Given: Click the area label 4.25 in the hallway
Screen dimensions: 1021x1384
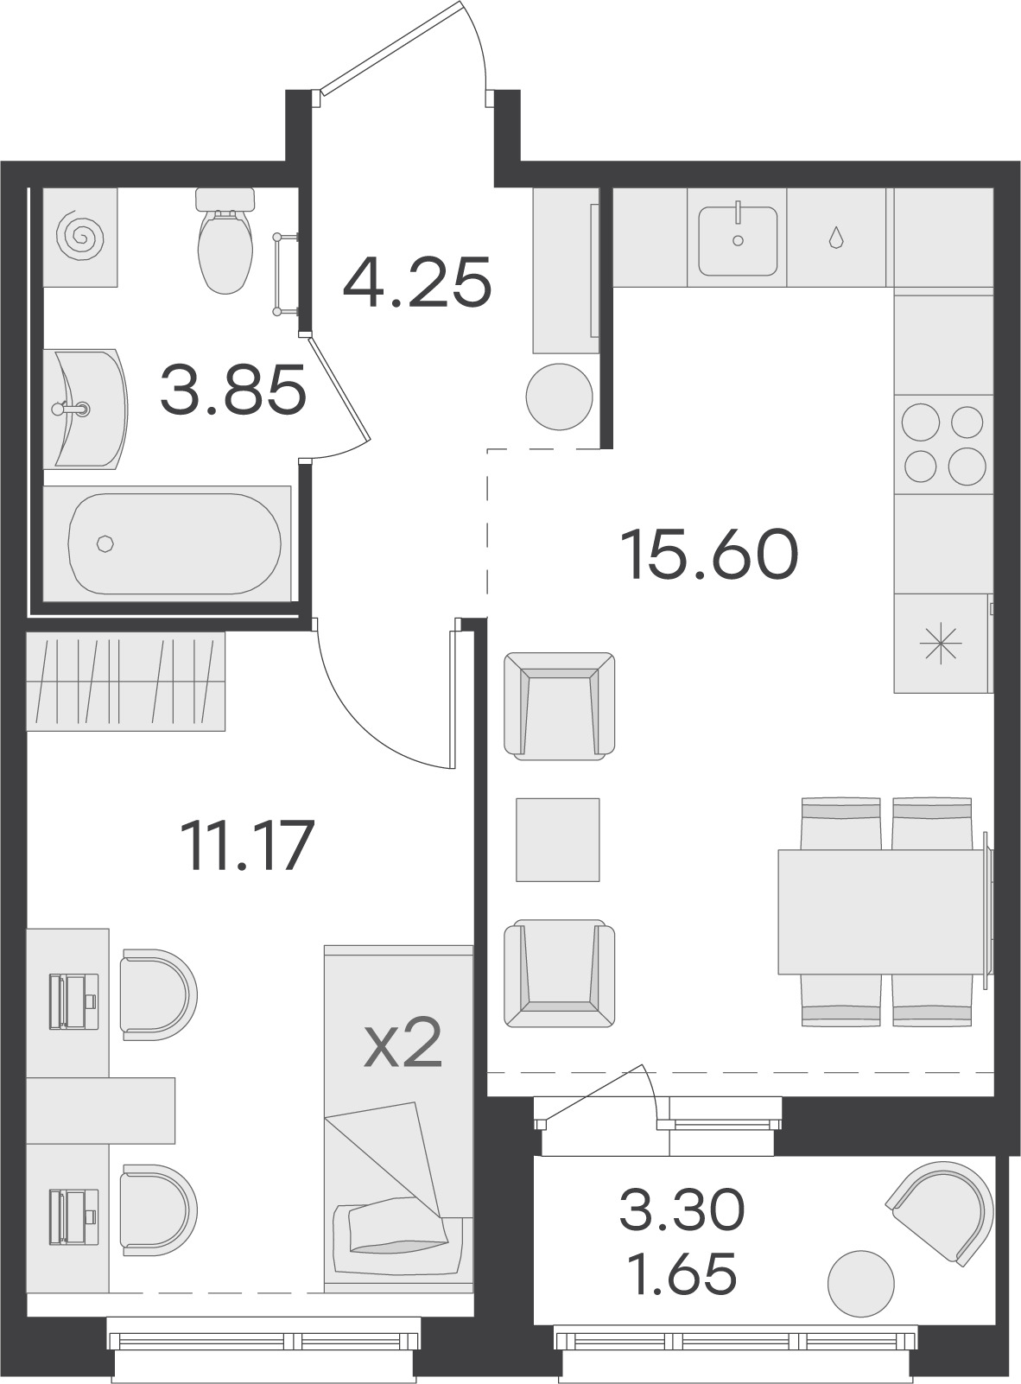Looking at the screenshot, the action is click(x=417, y=282).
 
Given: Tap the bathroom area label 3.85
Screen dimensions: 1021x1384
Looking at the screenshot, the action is click(x=233, y=390).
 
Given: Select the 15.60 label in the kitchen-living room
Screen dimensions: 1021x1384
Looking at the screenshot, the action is click(x=709, y=554).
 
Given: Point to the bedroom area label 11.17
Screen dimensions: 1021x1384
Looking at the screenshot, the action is click(x=247, y=845).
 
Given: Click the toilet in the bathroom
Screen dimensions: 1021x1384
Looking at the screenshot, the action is click(x=225, y=241).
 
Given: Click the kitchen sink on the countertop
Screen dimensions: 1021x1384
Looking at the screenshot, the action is click(x=738, y=241).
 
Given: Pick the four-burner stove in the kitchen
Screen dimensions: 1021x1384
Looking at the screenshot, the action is click(x=943, y=444).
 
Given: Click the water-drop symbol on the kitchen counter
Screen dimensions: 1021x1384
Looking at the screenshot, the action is click(x=835, y=238).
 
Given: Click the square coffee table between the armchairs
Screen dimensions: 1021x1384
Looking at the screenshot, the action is click(x=558, y=840).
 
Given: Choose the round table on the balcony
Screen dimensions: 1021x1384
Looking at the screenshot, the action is click(x=860, y=1284).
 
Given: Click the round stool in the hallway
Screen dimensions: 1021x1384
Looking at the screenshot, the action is click(x=559, y=397).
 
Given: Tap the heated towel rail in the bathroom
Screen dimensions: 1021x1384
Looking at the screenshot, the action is click(x=287, y=273).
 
